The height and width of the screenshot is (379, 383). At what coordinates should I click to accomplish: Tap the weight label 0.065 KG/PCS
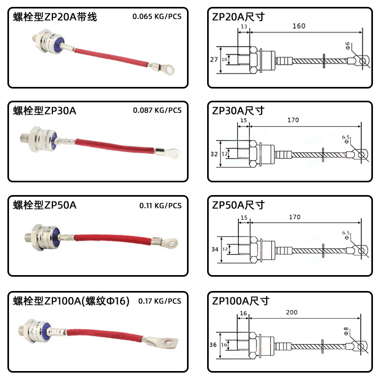(x=157, y=16)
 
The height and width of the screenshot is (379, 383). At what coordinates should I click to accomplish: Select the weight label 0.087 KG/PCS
(x=157, y=110)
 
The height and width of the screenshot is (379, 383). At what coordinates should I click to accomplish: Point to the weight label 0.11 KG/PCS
(x=160, y=205)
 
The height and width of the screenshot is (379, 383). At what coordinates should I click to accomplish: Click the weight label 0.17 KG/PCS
(x=159, y=301)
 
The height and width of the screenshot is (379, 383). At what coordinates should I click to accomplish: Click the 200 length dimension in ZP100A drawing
(x=291, y=312)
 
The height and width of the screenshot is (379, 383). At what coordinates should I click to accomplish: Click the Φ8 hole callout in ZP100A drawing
(x=346, y=332)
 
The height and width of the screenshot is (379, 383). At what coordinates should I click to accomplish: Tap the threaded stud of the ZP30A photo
(x=25, y=135)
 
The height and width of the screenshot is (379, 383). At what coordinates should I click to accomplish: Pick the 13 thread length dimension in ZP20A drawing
(x=244, y=27)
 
